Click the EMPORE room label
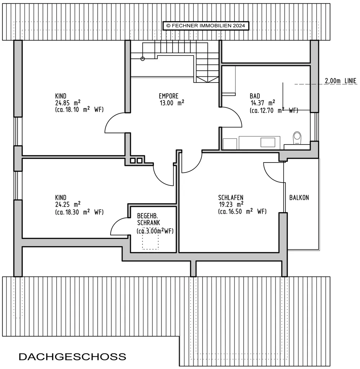point(169,96)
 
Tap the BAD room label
point(255,96)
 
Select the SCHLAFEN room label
point(231,197)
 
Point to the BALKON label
point(299,197)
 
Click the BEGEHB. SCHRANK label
point(148,219)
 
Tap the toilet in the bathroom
point(297,138)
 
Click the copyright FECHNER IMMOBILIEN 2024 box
point(206,26)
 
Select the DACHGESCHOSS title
point(72,356)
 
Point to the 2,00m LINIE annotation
point(341,81)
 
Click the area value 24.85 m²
point(68,103)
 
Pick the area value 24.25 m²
point(68,205)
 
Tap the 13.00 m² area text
point(172,103)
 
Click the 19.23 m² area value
point(231,205)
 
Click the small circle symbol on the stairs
point(143,59)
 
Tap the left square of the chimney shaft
point(133,161)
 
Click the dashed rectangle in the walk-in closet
point(150,239)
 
